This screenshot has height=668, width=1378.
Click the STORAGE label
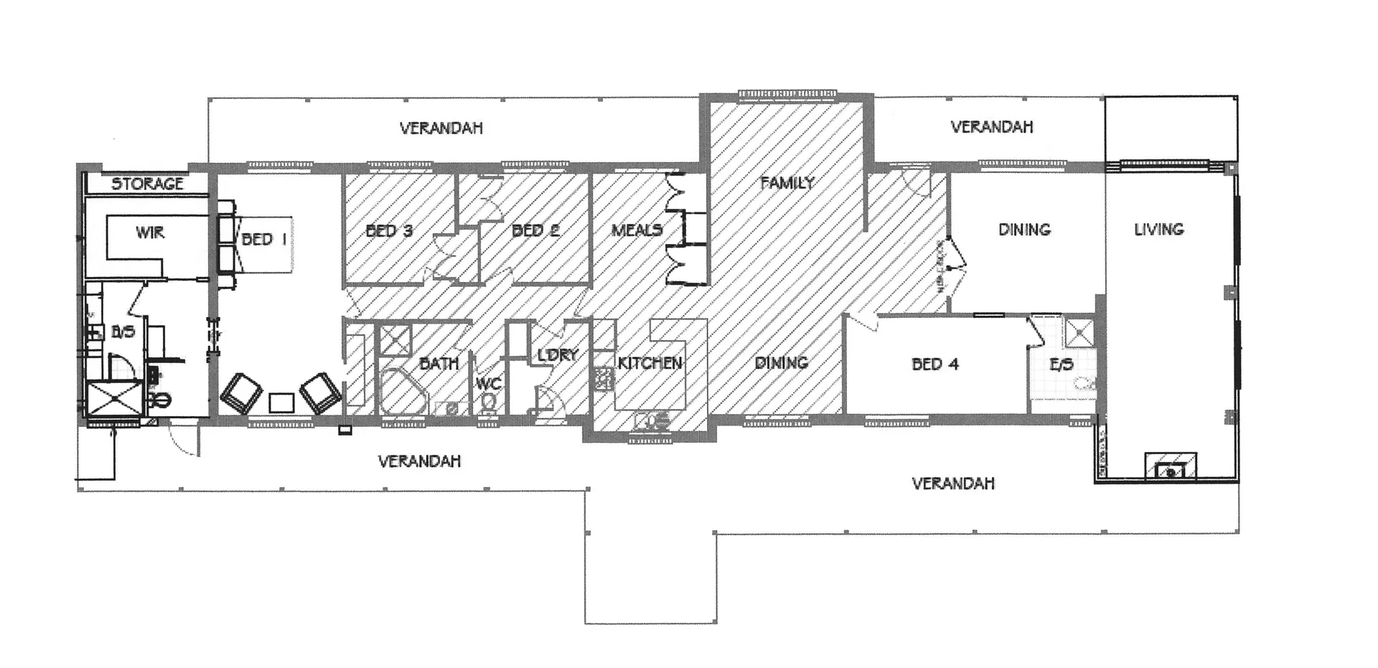(x=147, y=184)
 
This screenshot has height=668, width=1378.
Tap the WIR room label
(x=149, y=232)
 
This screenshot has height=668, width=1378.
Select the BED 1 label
(x=263, y=239)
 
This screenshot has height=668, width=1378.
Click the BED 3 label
(x=389, y=231)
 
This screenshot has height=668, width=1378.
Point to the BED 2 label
(x=535, y=230)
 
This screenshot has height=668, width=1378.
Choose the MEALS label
(x=637, y=230)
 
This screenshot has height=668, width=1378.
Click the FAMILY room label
(x=787, y=183)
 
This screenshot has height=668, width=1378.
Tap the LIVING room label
(x=1158, y=230)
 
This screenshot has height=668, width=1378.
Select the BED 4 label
(x=935, y=364)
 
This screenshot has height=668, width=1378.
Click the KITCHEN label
(x=650, y=363)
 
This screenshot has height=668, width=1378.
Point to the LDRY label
(x=558, y=355)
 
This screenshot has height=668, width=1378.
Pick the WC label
(x=488, y=384)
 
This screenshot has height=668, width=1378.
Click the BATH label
(x=439, y=364)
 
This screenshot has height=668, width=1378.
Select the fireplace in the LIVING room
(x=1171, y=468)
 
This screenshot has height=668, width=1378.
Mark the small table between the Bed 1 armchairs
(x=281, y=403)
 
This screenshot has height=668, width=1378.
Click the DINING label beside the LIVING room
(x=1024, y=230)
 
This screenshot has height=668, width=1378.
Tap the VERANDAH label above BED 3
(x=441, y=128)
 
